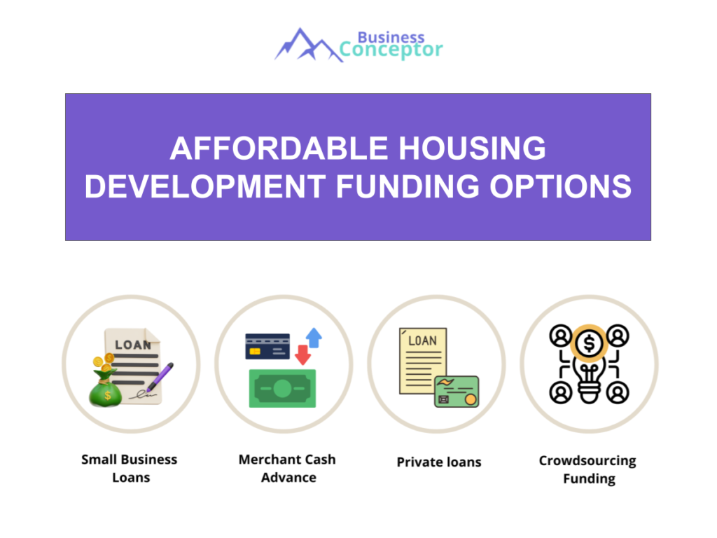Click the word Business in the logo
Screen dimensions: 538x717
coord(391,37)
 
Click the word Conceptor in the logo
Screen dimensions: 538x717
coord(391,50)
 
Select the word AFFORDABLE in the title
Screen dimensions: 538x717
coord(278,149)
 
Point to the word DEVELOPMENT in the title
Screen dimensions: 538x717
coord(204,186)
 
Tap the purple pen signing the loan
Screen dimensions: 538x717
coord(159,378)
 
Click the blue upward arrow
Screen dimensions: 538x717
coord(314,338)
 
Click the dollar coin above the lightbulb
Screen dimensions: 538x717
coord(589,343)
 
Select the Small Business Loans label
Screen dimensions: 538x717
coord(130,469)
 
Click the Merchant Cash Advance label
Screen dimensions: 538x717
coord(287,469)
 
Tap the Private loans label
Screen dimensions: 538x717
coord(439,462)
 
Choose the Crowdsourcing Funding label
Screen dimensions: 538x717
coord(588,470)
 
